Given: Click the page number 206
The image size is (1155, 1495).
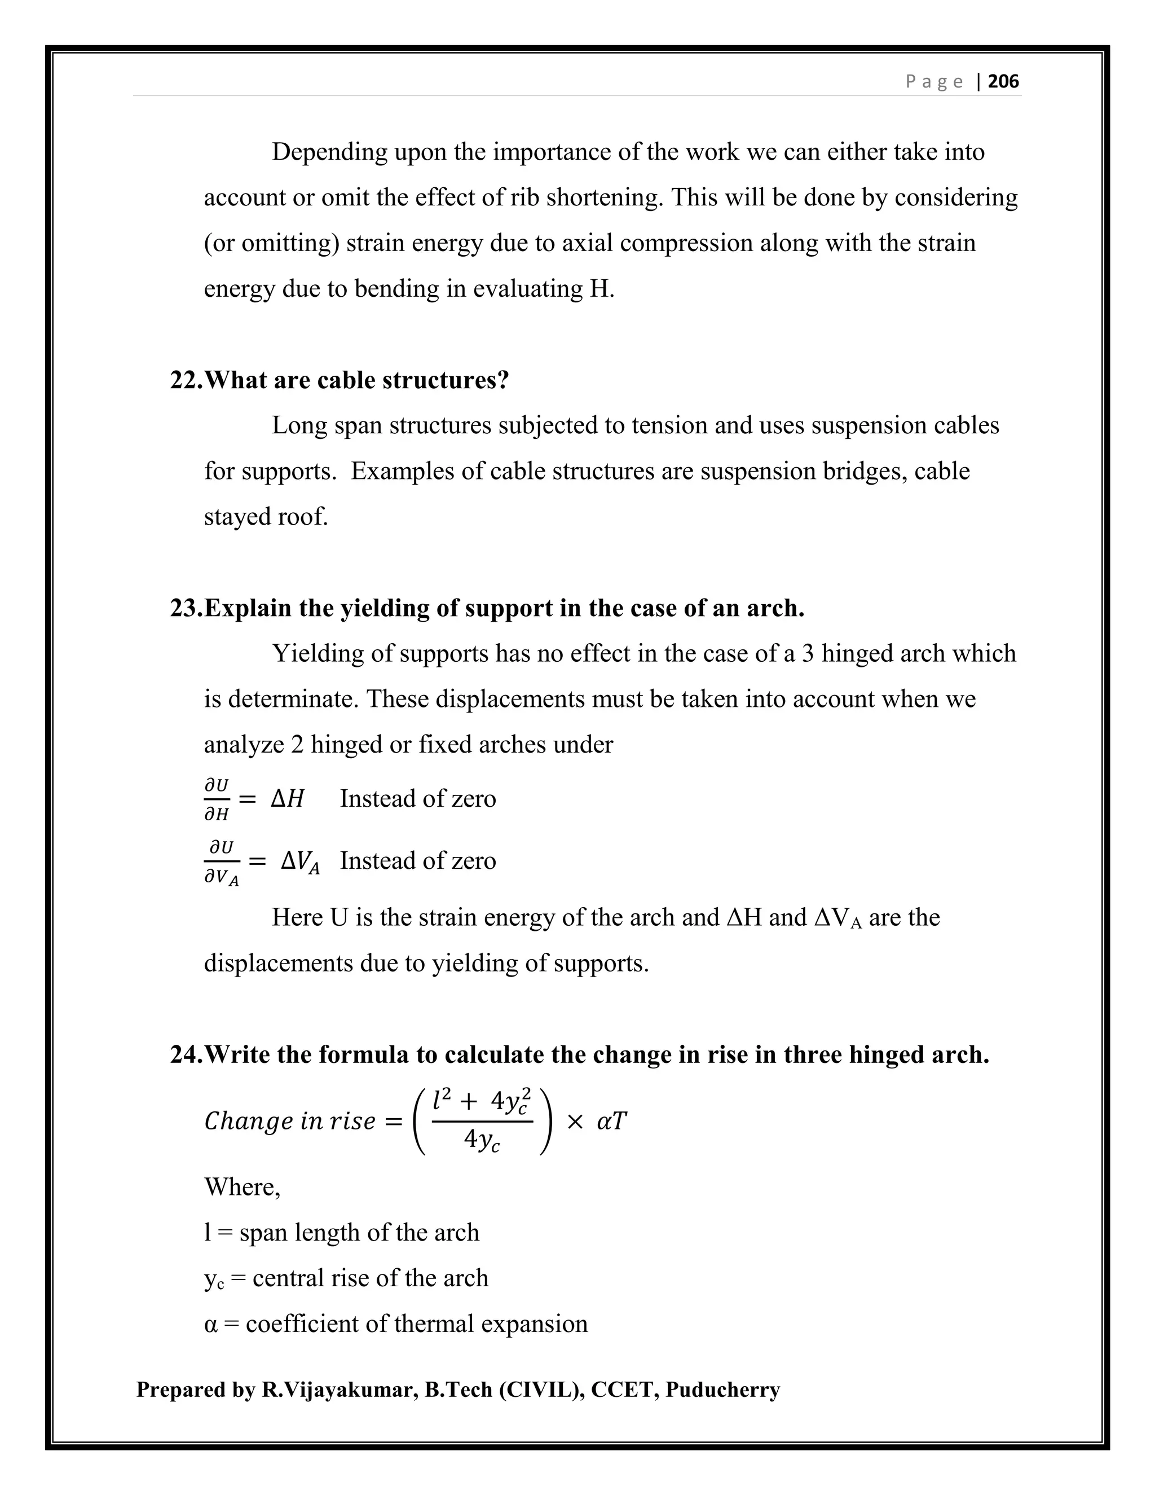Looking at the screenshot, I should pyautogui.click(x=1003, y=81).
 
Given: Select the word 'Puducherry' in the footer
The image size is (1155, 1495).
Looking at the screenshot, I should pyautogui.click(x=722, y=1390).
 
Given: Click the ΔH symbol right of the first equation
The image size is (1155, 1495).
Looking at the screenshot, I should pyautogui.click(x=288, y=799).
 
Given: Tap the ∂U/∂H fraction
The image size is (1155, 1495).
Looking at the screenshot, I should pyautogui.click(x=217, y=799).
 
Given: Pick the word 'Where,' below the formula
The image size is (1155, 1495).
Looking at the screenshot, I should pyautogui.click(x=242, y=1187).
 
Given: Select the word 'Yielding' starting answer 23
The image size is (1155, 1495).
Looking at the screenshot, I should pyautogui.click(x=318, y=654).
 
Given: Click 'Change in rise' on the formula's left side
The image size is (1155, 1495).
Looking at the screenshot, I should pyautogui.click(x=290, y=1122).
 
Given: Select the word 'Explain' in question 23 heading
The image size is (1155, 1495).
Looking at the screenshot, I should pyautogui.click(x=248, y=608).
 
